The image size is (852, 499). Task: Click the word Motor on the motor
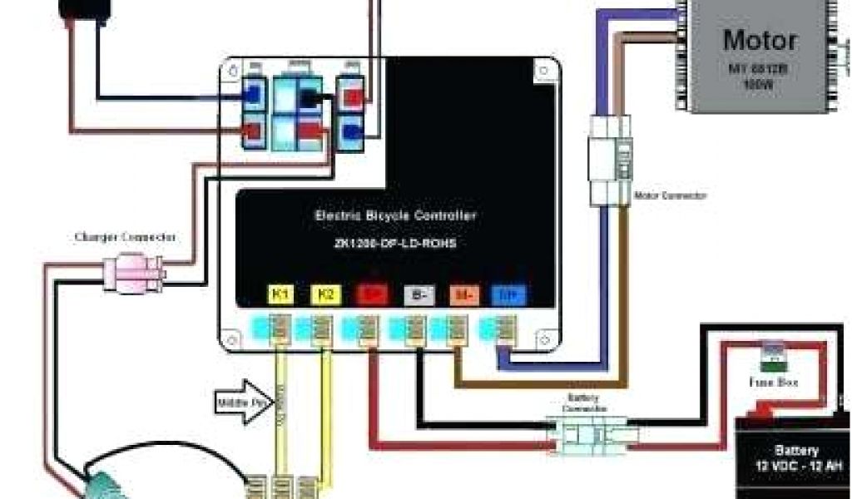[760, 40]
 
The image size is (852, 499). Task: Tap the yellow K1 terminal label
[280, 294]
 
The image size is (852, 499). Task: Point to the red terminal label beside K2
[369, 294]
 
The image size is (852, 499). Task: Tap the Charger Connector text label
[125, 237]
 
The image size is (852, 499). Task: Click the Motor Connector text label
[671, 195]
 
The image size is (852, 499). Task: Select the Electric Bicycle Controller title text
[396, 215]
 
